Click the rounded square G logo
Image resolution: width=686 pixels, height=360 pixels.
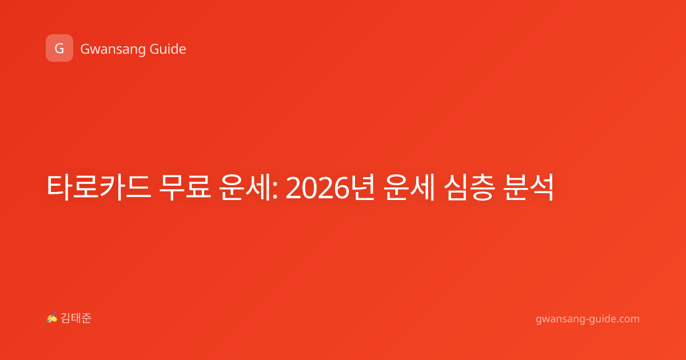click(59, 48)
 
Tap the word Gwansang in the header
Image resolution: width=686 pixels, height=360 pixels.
click(113, 50)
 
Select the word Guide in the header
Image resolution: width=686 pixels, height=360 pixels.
click(167, 49)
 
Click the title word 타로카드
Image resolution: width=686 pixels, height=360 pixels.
click(98, 187)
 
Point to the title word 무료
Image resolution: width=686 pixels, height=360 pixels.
click(185, 187)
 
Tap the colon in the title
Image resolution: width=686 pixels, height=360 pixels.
click(275, 190)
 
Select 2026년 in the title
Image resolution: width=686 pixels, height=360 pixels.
click(330, 187)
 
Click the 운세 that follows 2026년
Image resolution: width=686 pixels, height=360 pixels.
click(409, 187)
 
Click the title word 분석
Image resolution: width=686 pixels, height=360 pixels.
click(529, 187)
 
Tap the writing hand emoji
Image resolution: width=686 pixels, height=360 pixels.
click(52, 318)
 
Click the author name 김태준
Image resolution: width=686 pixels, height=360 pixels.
click(76, 318)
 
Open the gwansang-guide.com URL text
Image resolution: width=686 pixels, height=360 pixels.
click(588, 319)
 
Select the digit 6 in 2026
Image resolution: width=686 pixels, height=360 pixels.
click(341, 189)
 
